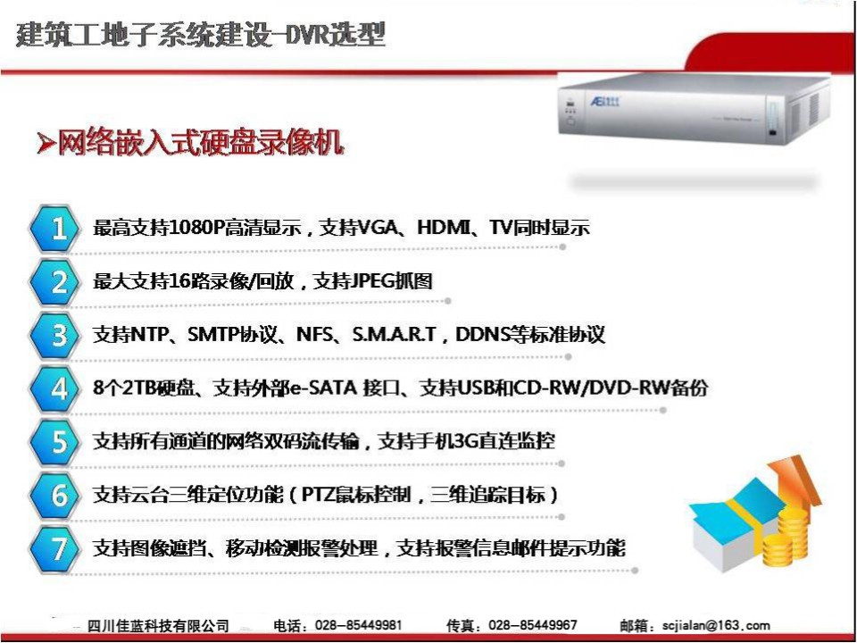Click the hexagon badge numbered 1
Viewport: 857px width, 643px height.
click(53, 228)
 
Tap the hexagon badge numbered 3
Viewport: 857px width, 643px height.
click(53, 335)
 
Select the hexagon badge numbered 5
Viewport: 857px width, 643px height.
click(53, 442)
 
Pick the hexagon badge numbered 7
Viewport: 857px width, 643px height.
click(53, 548)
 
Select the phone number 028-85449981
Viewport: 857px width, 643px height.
click(359, 625)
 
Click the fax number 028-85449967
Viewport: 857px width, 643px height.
click(533, 625)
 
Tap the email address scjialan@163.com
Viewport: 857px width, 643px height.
click(716, 625)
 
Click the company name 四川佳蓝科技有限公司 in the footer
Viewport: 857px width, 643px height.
click(158, 625)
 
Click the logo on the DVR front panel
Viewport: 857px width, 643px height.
click(604, 102)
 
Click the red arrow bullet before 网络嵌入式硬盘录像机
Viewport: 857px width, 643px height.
click(46, 143)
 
